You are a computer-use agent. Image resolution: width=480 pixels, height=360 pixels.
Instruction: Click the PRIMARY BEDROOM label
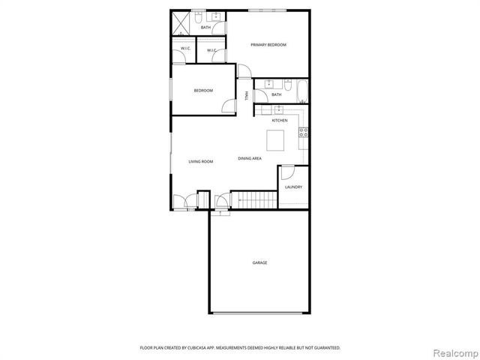pyautogui.click(x=268, y=45)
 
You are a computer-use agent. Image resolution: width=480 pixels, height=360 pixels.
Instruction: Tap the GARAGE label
pyautogui.click(x=259, y=262)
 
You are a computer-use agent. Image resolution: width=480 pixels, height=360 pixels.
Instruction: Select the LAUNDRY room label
pyautogui.click(x=293, y=187)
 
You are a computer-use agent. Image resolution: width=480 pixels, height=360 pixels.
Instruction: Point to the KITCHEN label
pyautogui.click(x=280, y=120)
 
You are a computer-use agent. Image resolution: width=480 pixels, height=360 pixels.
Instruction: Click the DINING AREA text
pyautogui.click(x=250, y=158)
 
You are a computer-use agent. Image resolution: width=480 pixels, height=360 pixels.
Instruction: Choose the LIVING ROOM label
pyautogui.click(x=201, y=161)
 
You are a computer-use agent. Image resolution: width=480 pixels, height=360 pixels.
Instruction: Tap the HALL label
pyautogui.click(x=247, y=95)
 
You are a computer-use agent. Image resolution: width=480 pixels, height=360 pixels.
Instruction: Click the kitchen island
pyautogui.click(x=276, y=140)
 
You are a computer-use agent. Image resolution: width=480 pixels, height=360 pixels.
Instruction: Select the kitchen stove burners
pyautogui.click(x=304, y=133)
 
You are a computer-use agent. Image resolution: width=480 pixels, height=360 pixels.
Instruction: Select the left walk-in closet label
pyautogui.click(x=185, y=49)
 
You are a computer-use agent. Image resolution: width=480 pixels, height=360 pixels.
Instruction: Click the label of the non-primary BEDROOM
pyautogui.click(x=203, y=91)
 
